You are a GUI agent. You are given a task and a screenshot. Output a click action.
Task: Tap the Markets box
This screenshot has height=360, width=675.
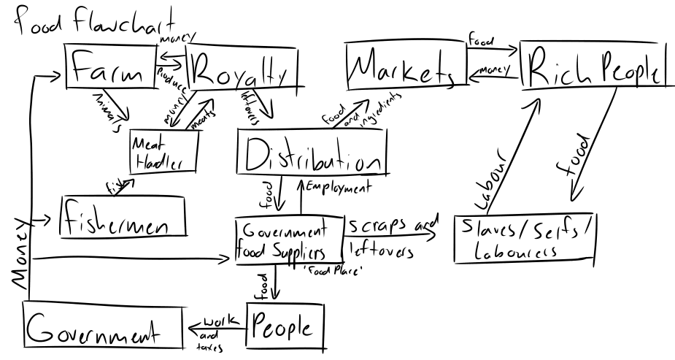[404, 66]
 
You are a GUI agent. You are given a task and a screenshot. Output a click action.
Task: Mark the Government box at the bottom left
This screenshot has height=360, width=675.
[101, 327]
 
